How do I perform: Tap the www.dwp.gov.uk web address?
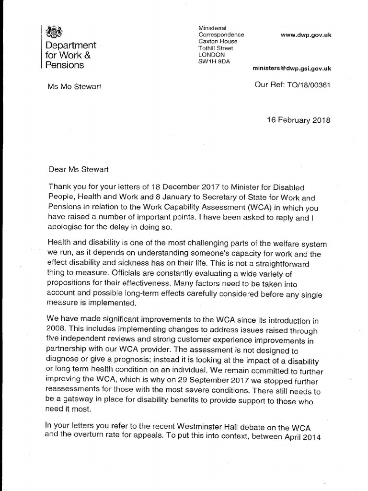click(306, 35)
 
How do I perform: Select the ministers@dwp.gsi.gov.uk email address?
click(292, 69)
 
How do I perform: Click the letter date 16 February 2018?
click(299, 120)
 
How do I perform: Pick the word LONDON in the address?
click(210, 55)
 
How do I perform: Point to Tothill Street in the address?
click(216, 48)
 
